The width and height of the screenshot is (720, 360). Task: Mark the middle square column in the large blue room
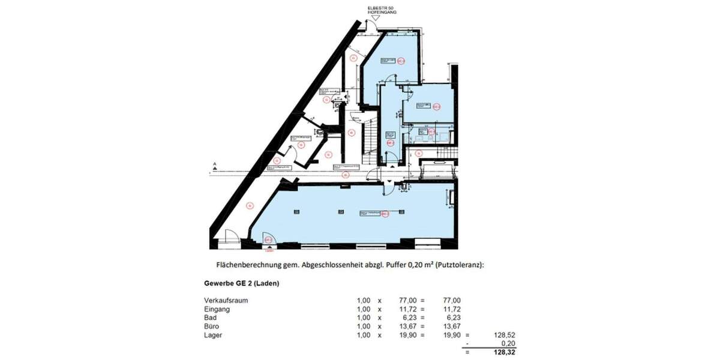pos(341,211)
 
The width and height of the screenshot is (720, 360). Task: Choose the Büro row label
pos(211,326)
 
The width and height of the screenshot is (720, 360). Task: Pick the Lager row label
pos(213,335)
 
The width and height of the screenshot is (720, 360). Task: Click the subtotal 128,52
pos(503,335)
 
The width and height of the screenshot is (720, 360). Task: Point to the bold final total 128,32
pos(503,352)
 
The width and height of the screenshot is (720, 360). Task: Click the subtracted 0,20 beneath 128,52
pos(507,343)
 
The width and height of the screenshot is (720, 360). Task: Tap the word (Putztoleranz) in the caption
pos(457,265)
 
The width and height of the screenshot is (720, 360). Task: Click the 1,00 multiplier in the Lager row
pos(364,335)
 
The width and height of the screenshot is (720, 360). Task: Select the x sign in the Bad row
pos(379,317)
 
